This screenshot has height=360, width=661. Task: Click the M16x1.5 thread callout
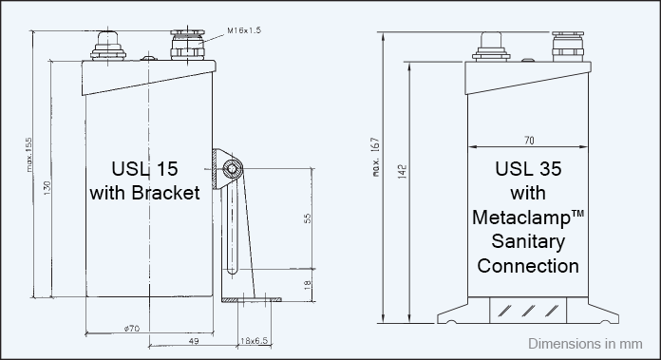(244, 30)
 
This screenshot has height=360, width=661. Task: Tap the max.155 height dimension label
(29, 154)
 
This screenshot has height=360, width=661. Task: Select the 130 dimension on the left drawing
(47, 187)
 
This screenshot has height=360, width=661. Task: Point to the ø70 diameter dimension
(132, 329)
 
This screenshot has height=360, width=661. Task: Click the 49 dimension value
(194, 341)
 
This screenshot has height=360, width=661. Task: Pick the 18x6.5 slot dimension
(254, 341)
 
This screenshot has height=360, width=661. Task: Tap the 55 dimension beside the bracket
(308, 218)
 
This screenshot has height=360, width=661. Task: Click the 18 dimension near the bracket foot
(308, 285)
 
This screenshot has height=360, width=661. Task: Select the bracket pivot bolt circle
(232, 169)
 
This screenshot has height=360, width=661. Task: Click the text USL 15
(144, 169)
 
